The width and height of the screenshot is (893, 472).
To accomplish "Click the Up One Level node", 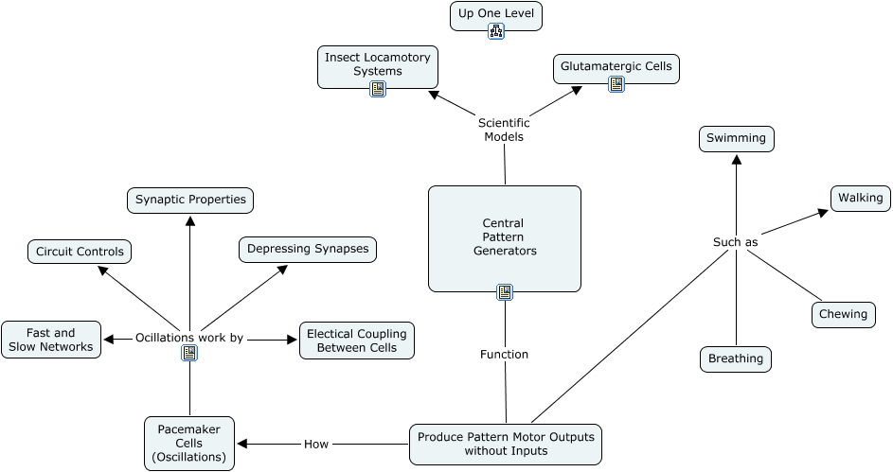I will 495,14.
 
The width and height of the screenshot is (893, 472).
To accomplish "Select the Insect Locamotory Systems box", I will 377,64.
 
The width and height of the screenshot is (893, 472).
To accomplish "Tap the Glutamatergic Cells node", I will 616,66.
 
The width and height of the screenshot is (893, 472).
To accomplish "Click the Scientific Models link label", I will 504,130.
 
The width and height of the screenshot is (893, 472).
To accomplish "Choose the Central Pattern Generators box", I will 504,236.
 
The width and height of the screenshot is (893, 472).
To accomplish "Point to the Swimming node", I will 736,138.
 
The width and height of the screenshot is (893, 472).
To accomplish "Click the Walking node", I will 860,198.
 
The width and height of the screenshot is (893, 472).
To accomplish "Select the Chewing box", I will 843,314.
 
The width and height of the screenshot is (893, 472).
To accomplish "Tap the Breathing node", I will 736,358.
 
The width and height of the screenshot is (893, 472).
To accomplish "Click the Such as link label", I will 735,242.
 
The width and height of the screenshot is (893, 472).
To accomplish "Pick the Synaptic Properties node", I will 190,200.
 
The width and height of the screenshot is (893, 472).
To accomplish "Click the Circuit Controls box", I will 80,252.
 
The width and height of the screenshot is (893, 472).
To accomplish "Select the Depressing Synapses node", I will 308,249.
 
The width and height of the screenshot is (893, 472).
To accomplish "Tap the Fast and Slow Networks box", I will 51,340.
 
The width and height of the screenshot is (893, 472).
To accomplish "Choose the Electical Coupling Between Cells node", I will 356,341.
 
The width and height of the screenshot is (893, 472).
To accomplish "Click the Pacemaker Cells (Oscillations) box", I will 189,444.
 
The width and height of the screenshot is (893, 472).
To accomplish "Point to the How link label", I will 315,444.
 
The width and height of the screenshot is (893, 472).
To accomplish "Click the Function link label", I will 504,355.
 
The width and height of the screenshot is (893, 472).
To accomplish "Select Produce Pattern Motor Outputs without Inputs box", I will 505,444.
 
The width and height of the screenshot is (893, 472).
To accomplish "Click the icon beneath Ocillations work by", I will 189,353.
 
